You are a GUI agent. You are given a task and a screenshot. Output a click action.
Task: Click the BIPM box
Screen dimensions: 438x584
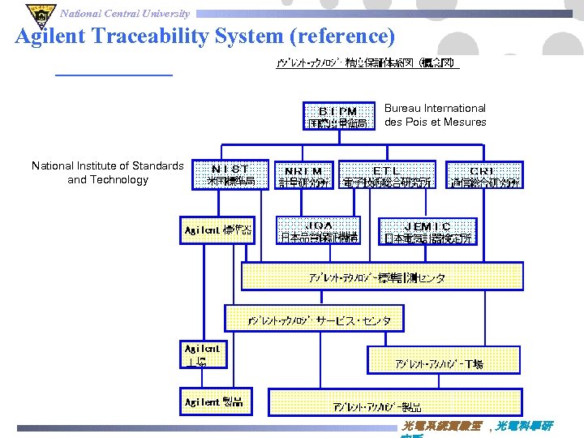[x=338, y=116]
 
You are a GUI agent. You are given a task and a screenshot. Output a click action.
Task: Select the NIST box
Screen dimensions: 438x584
[x=230, y=175]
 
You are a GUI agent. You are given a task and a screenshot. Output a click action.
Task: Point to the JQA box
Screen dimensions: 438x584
[x=318, y=231]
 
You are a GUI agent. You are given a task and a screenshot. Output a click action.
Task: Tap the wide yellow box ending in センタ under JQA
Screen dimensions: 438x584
[x=382, y=277]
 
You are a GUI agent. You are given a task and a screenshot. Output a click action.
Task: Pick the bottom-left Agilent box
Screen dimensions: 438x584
[x=213, y=401]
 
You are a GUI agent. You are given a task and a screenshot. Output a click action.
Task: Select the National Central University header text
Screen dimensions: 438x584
[x=126, y=13]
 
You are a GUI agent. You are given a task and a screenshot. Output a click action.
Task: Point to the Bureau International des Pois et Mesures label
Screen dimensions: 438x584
[x=435, y=115]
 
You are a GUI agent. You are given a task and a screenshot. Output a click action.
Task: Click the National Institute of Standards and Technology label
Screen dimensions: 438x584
[x=108, y=173]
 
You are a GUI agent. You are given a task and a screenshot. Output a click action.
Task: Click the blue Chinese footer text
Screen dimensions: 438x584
[x=477, y=427]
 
